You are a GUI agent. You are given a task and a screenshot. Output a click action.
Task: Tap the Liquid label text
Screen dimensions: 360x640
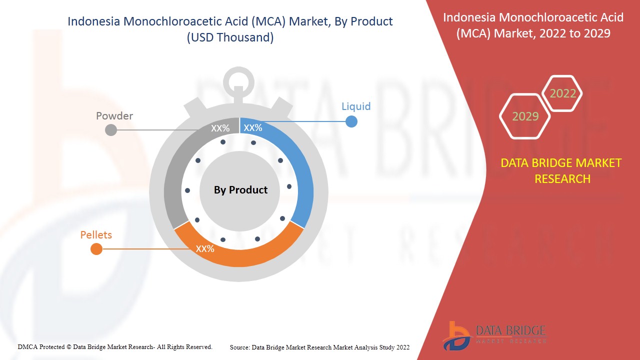pos(356,106)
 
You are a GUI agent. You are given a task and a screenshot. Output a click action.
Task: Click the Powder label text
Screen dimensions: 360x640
pos(114,116)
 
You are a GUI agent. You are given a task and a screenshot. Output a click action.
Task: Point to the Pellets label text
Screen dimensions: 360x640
pos(96,235)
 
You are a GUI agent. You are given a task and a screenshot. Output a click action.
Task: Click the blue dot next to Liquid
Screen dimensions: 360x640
pos(351,121)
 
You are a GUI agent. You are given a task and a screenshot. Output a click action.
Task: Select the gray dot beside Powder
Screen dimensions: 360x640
pos(111,130)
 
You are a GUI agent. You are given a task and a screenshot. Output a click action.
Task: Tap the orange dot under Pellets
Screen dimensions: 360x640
pos(96,249)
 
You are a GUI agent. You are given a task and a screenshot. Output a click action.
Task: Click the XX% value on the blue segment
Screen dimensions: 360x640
pos(252,128)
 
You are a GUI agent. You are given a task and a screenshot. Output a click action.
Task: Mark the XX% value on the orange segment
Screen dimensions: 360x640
pos(205,248)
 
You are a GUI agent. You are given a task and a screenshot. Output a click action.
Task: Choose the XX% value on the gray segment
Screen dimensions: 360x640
pos(220,128)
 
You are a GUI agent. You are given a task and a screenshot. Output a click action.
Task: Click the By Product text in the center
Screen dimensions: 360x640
pos(240,190)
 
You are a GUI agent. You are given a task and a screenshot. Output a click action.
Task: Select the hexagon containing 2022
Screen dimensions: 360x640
pos(562,93)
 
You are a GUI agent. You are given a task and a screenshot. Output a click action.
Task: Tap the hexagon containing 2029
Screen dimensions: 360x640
pos(525,116)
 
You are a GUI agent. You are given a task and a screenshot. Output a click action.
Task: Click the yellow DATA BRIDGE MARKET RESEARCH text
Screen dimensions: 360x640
pos(561,171)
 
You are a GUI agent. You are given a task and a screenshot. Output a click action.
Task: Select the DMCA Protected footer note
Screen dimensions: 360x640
pos(115,346)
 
